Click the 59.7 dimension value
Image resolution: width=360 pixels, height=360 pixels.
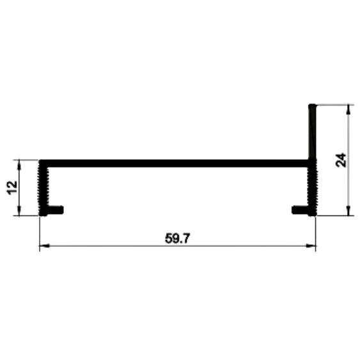click(178, 239)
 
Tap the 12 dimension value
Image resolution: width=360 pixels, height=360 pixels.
click(12, 188)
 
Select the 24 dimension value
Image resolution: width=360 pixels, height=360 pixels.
click(341, 160)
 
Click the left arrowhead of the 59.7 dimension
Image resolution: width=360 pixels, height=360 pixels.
click(45, 246)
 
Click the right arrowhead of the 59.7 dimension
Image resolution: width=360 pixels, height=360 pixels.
click(311, 246)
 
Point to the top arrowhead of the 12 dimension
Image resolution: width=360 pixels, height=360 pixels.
click(19, 164)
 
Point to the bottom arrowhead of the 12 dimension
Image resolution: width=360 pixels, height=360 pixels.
click(19, 210)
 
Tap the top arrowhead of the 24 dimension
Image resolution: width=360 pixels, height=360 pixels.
click(348, 110)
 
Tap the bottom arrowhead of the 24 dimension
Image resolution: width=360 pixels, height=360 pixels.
click(348, 210)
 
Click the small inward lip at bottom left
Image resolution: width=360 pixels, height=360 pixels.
click(56, 210)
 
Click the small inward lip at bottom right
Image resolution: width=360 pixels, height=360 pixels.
click(300, 210)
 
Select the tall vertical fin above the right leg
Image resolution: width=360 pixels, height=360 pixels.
click(312, 132)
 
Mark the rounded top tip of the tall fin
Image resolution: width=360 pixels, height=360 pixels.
click(312, 105)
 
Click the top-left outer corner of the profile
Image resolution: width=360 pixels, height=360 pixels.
click(40, 160)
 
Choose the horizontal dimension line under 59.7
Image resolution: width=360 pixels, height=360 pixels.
click(178, 246)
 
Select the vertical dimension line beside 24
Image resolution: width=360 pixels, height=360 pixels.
click(348, 160)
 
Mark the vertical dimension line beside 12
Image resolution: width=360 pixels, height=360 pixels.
click(19, 187)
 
